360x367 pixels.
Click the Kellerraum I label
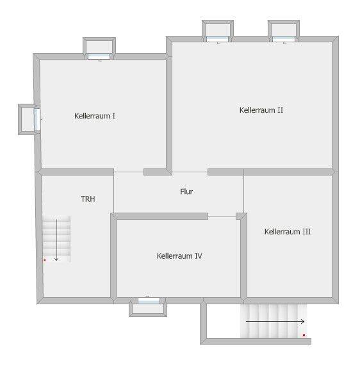95,116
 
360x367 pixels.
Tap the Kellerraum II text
261,110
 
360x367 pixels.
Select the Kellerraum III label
288,232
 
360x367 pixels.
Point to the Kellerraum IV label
179,256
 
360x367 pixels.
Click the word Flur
186,192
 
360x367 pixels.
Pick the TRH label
88,199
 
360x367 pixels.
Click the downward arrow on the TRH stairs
56,240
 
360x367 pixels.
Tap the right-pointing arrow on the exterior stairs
275,322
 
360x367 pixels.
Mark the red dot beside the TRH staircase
45,260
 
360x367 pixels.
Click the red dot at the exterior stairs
304,336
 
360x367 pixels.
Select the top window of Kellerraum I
99,56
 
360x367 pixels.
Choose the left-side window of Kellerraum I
37,119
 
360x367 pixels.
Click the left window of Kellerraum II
217,39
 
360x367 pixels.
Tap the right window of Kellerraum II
284,39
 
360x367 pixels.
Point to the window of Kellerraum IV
149,301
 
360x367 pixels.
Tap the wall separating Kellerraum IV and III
243,257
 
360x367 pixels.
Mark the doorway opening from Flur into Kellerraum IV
222,216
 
